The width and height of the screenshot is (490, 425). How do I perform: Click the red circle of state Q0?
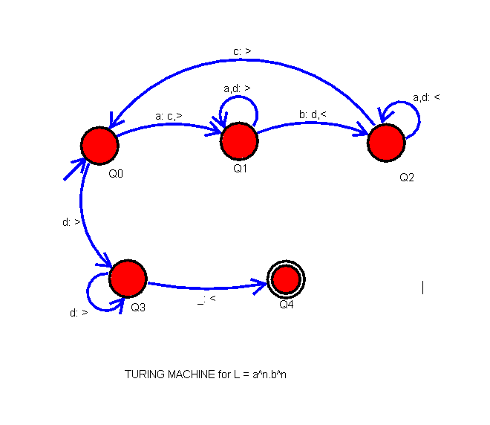tap(99, 146)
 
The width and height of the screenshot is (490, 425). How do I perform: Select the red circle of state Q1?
tap(239, 140)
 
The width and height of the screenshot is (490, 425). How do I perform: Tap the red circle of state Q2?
tap(386, 142)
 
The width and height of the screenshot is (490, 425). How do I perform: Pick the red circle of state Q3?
tap(128, 279)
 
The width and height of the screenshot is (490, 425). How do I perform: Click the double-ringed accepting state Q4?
tap(286, 279)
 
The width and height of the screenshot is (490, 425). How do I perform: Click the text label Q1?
tap(240, 169)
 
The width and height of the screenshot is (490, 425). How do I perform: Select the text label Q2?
tap(407, 178)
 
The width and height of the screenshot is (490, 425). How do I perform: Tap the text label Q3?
tap(137, 307)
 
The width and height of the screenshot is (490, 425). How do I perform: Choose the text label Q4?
tap(287, 304)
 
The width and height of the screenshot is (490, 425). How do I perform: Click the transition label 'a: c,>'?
tap(169, 116)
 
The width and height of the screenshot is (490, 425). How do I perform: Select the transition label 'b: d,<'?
tap(313, 114)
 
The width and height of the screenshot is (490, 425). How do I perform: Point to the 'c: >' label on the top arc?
tap(242, 51)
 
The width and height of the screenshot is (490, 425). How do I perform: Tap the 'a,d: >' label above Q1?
tap(237, 88)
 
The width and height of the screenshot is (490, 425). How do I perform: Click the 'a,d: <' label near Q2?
tap(426, 97)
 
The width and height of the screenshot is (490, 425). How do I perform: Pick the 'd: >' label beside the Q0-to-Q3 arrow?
tap(71, 221)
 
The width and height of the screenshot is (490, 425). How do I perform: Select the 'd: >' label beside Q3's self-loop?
tap(79, 313)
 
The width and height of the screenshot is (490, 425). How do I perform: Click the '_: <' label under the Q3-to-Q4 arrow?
tap(206, 299)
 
